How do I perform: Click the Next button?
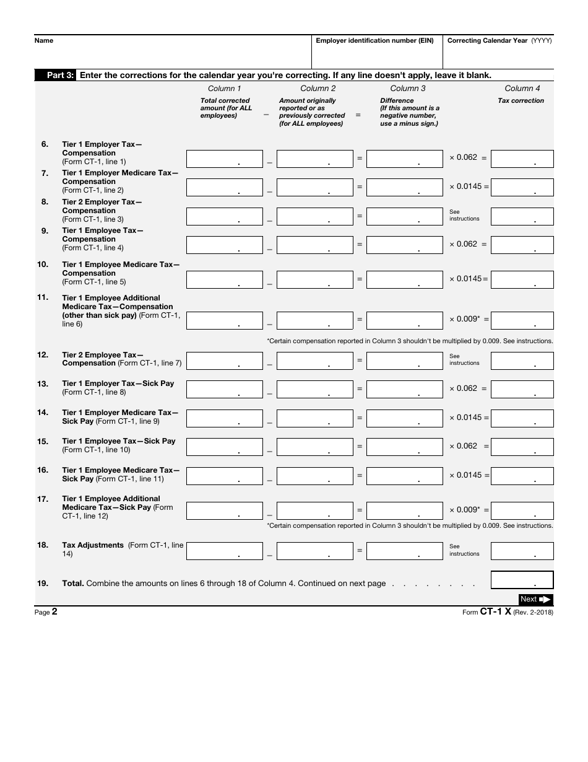tap(535, 599)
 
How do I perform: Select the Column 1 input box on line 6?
tap(224, 159)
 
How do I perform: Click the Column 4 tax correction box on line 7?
tap(522, 188)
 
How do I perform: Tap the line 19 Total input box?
tap(522, 580)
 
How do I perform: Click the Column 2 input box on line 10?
tap(314, 279)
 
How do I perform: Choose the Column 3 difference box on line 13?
tap(405, 389)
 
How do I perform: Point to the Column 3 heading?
tap(408, 89)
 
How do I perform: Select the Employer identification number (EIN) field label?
tap(374, 41)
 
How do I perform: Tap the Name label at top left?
tap(44, 41)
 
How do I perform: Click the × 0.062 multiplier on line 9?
tap(463, 244)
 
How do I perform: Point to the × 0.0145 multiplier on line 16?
tap(465, 475)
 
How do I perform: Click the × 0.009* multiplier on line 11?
tap(464, 319)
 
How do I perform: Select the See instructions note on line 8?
tap(464, 215)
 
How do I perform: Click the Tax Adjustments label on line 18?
tap(93, 545)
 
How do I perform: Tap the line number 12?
tap(43, 355)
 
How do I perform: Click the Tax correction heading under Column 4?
tap(521, 100)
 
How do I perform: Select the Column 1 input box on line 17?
tap(224, 510)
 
